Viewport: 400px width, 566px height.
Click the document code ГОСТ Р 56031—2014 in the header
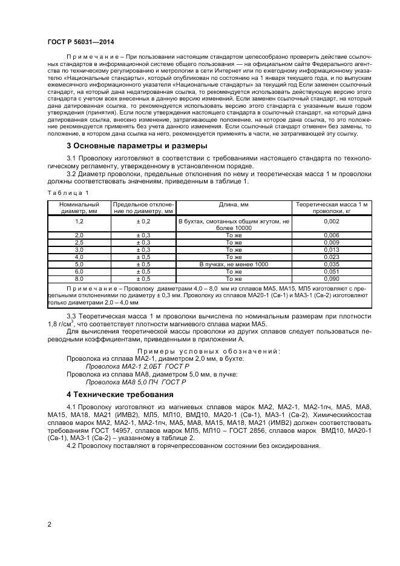pos(80,42)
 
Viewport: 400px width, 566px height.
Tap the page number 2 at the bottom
pos(49,524)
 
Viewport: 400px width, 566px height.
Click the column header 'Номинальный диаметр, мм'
pos(79,208)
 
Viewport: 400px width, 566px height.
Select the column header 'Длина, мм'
pos(234,205)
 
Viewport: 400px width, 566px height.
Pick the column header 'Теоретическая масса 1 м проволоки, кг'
pos(331,208)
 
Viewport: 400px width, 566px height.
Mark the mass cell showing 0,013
pos(331,249)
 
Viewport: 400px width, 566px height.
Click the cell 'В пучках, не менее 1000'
pos(234,265)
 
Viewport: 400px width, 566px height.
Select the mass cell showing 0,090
pos(331,279)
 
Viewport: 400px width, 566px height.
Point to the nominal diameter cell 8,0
pos(79,279)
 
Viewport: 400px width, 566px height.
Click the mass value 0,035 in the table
pos(331,265)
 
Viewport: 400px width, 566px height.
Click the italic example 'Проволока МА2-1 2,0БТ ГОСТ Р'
pos(139,366)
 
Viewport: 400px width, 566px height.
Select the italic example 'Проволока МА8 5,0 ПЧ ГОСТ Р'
pos(136,382)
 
